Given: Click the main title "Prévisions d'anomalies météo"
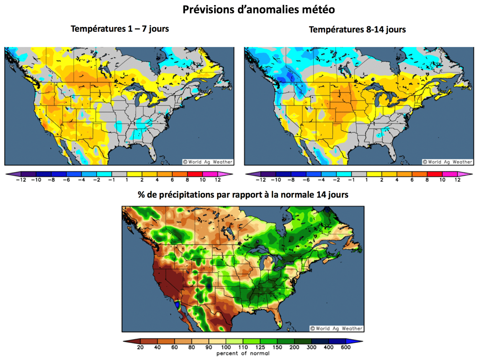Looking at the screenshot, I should pos(258,9).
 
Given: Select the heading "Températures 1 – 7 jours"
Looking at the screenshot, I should pos(119,29).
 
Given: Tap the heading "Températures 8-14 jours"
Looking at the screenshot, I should pos(357,29).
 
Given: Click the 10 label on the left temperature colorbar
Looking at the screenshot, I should pos(203,180).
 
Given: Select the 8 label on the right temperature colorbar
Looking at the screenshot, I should pos(427,180).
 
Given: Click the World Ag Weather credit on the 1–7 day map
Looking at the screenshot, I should pos(207,162).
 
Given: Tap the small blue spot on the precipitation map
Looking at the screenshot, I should pos(177,305).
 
